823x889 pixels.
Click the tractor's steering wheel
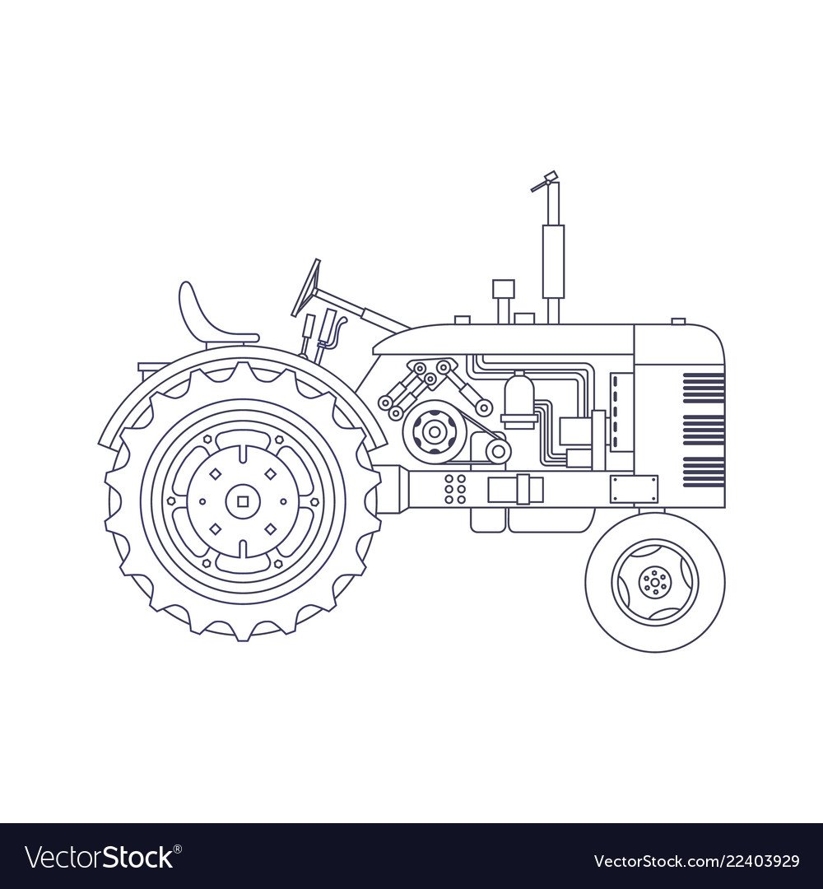[306, 287]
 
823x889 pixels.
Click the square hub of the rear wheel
[243, 501]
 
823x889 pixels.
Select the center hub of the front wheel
[654, 582]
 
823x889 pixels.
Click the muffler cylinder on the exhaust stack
[552, 262]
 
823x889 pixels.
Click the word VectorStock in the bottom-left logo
[100, 857]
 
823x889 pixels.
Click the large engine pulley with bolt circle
[435, 432]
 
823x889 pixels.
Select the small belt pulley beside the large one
[498, 451]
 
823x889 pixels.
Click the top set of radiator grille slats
[704, 388]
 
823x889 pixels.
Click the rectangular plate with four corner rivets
[635, 489]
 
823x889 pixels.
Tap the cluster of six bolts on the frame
[455, 489]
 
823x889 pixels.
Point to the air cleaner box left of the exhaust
[504, 289]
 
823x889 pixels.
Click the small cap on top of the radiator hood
[678, 322]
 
